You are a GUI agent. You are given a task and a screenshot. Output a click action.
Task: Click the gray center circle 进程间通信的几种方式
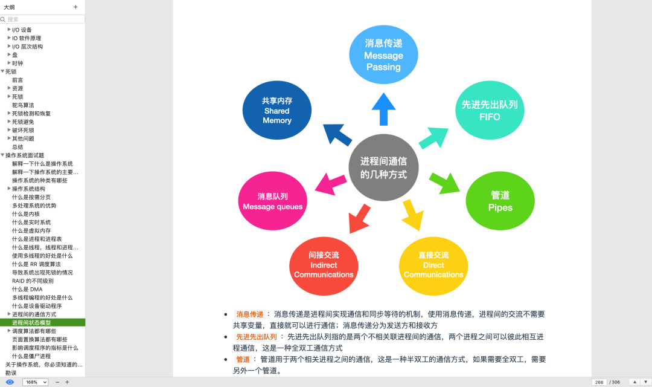[383, 167]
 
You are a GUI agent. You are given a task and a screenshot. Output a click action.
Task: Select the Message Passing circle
[383, 54]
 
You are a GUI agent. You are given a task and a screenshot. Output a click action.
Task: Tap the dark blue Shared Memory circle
[277, 111]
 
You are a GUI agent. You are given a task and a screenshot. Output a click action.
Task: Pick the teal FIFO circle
[490, 111]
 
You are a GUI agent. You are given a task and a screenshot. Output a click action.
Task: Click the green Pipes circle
[500, 201]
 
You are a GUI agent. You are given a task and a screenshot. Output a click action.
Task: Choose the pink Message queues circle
[273, 201]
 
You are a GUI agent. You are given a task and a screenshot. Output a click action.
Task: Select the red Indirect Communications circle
[324, 266]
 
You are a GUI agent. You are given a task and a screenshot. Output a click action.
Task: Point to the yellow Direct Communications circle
[433, 266]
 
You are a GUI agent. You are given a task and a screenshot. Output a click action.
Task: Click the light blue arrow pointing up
[383, 109]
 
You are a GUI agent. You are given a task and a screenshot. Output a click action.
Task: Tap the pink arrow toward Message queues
[331, 184]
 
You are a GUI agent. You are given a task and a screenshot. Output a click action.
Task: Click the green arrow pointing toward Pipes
[444, 183]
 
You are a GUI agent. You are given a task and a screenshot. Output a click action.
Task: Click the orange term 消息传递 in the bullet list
[250, 314]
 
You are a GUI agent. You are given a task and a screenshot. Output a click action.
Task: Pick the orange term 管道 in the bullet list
[243, 360]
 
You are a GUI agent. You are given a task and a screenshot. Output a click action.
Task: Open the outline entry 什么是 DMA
[27, 290]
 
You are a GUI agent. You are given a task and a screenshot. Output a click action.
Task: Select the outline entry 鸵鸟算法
[23, 105]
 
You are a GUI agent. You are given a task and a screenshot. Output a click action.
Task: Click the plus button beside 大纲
[75, 7]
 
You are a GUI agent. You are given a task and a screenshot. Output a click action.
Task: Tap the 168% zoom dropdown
[36, 382]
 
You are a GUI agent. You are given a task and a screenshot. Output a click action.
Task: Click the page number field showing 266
[599, 382]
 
